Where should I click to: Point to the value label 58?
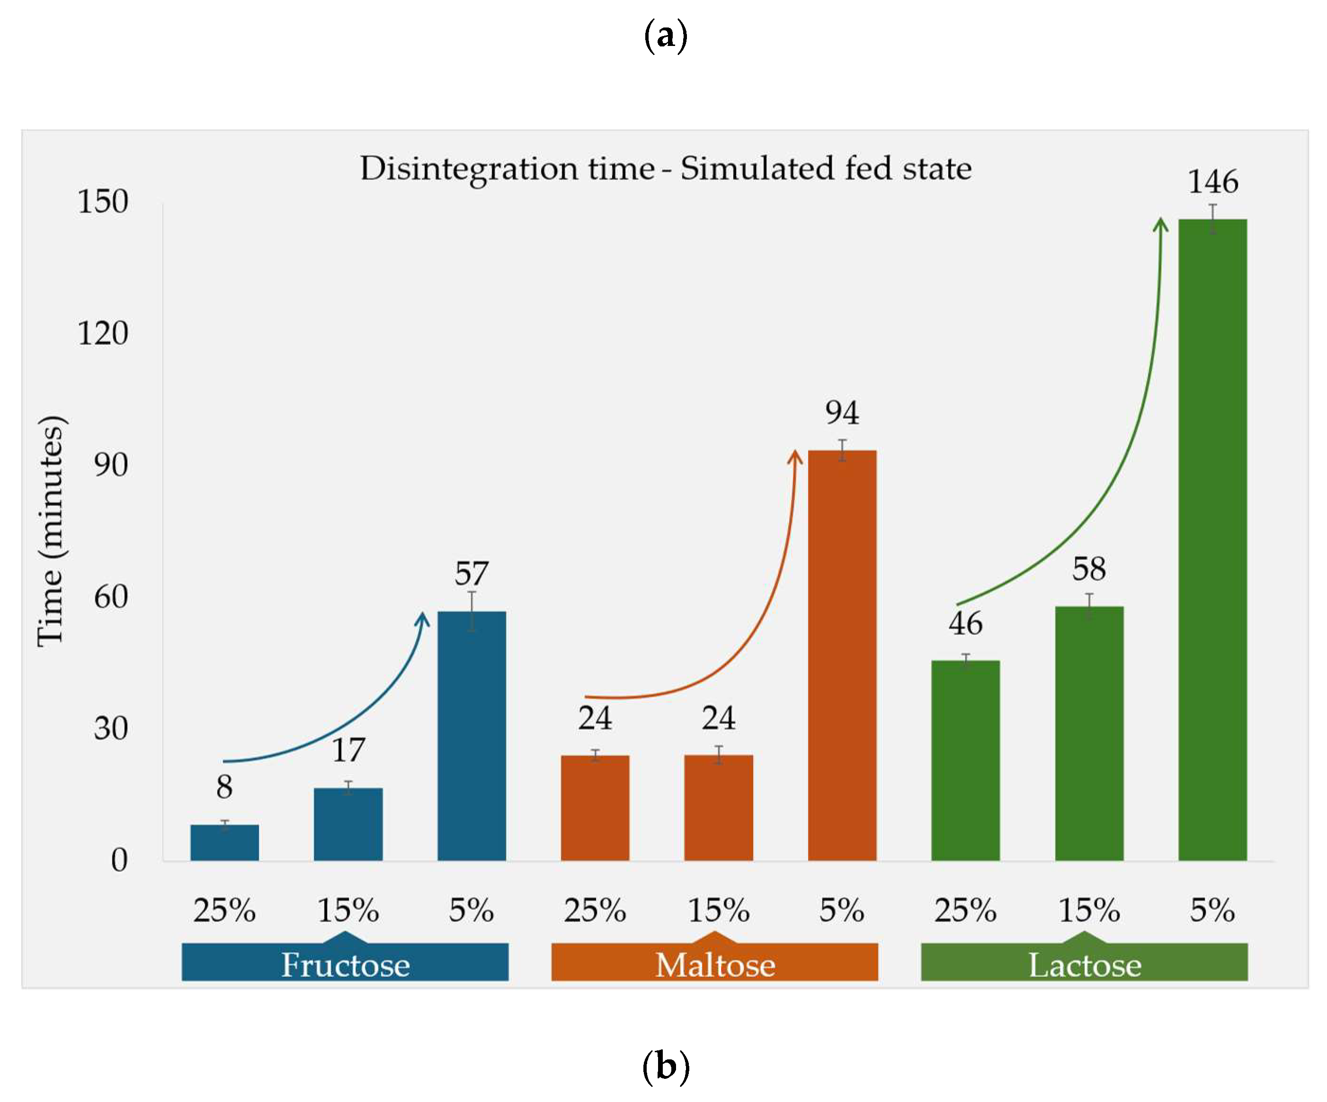[1089, 569]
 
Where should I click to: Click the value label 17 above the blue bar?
[348, 750]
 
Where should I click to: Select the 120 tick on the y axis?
[103, 333]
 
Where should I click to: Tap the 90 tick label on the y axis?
[111, 465]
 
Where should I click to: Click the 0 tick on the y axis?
[119, 860]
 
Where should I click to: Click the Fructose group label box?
[345, 963]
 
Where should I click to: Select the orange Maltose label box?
[715, 963]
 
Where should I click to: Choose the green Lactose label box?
[1084, 963]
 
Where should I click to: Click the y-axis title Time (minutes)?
[51, 531]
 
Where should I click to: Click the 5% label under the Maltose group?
[842, 911]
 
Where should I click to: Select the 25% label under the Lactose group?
[965, 911]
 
